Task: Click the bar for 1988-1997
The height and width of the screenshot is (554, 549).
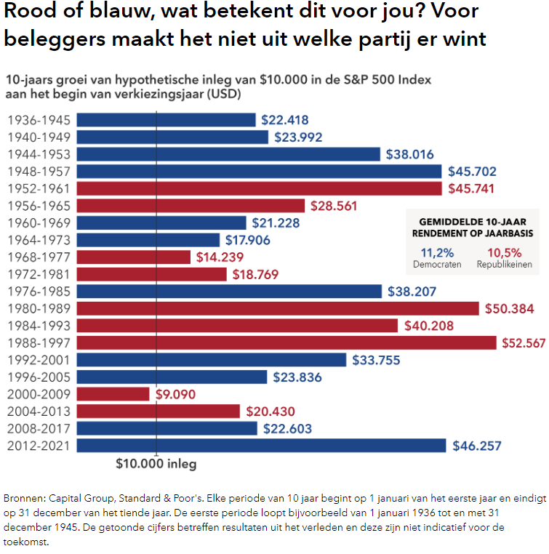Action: (286, 342)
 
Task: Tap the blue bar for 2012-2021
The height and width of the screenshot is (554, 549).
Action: (261, 445)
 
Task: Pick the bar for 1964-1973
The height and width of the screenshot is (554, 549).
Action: (148, 240)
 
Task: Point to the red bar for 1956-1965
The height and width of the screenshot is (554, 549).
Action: (191, 206)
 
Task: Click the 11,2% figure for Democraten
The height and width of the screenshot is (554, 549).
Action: (438, 252)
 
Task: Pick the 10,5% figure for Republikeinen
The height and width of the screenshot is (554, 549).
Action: (503, 252)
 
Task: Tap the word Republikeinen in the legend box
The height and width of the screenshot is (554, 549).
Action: (504, 265)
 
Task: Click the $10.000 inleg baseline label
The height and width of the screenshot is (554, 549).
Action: (156, 462)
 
